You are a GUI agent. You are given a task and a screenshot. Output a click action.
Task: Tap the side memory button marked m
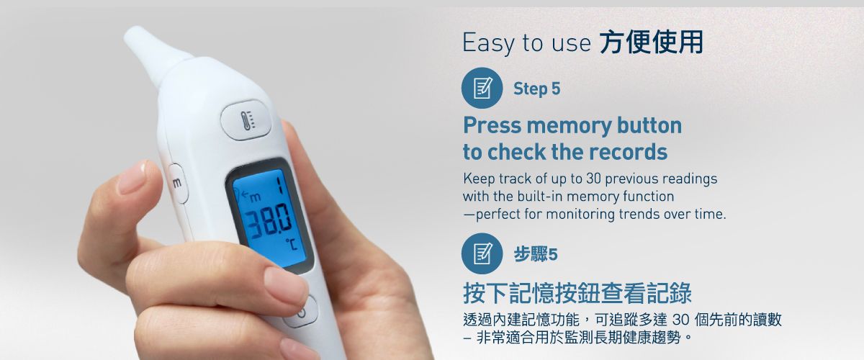point(177,183)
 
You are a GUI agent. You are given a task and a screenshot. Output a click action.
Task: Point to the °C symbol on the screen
point(292,244)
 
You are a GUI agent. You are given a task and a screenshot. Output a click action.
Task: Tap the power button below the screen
point(302,312)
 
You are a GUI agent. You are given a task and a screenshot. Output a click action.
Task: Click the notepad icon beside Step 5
point(482,88)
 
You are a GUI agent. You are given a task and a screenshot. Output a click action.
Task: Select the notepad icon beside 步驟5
point(482,253)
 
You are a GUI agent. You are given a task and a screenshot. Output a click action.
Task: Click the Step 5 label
point(536,89)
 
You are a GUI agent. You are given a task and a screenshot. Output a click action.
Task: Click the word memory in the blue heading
point(569,126)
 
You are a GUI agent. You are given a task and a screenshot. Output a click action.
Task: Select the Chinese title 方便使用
point(652,42)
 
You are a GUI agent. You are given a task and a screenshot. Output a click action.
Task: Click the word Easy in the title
point(488,42)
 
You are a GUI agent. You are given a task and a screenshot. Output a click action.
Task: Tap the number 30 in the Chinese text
point(680,320)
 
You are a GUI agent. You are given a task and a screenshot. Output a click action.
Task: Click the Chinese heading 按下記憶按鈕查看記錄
point(577,293)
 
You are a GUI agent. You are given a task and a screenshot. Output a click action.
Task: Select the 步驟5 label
point(536,254)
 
